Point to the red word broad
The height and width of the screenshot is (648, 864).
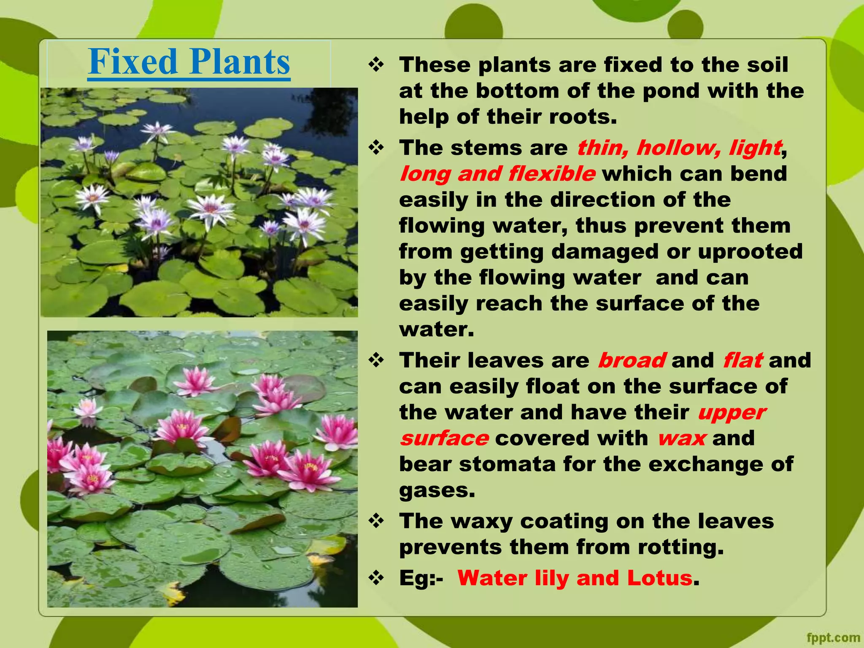point(632,361)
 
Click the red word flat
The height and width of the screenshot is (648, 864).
point(742,361)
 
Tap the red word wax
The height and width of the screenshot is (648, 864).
point(681,438)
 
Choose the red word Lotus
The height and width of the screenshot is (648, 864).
point(659,578)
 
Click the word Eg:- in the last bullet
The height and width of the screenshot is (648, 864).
point(421,578)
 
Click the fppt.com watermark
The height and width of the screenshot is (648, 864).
point(833,637)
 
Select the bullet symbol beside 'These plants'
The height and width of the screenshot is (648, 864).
point(375,65)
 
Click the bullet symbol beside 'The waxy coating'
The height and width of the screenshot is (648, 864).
point(375,521)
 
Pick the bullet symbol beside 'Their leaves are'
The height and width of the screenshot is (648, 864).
point(375,360)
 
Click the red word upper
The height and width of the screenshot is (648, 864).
point(732,413)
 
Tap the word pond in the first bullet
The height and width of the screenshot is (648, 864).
point(670,91)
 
